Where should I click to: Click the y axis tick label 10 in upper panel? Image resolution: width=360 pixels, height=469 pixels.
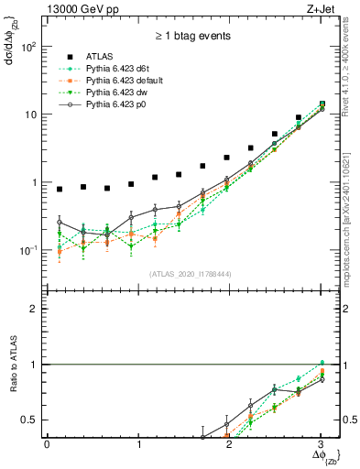[x=31, y=115]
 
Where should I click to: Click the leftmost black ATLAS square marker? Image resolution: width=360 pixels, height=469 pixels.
[x=60, y=190]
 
